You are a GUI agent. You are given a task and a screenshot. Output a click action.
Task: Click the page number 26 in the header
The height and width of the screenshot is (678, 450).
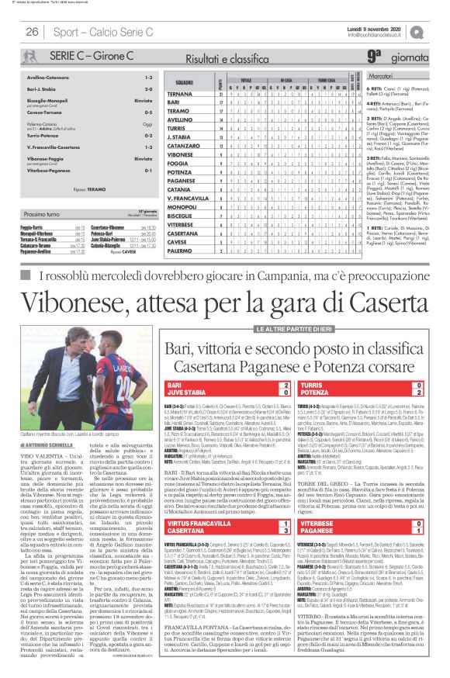pos(33,32)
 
